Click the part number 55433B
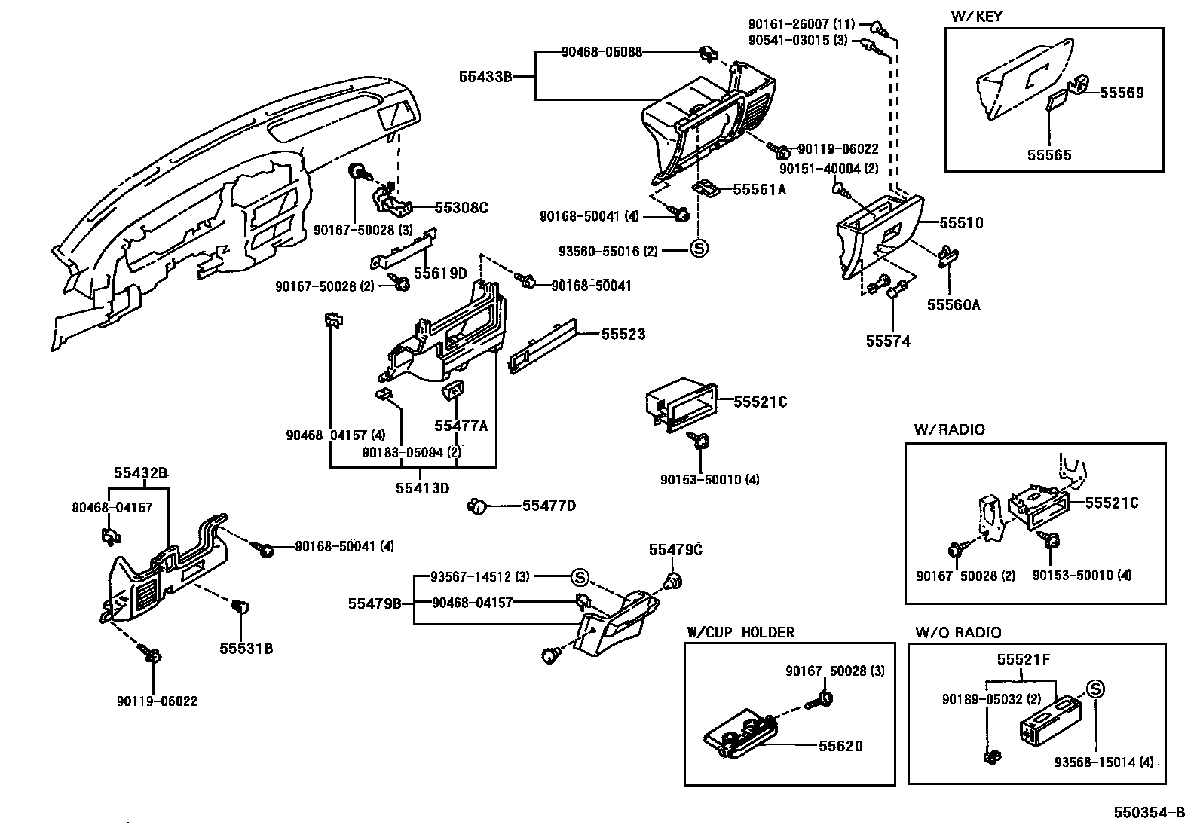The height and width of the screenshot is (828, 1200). (x=485, y=76)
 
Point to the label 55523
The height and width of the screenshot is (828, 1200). (x=623, y=334)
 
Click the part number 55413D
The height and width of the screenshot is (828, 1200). (x=422, y=487)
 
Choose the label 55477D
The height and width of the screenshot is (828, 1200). (x=549, y=506)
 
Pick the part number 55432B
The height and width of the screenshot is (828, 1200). (x=140, y=473)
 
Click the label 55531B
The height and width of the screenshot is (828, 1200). (x=246, y=648)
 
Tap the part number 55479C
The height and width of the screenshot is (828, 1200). (x=675, y=550)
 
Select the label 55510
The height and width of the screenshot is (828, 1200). (x=961, y=223)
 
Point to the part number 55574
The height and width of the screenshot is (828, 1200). (x=888, y=341)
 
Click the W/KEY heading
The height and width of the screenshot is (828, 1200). (x=978, y=16)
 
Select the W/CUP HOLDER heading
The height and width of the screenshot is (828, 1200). (x=740, y=632)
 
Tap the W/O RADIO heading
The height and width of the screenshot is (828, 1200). (x=957, y=632)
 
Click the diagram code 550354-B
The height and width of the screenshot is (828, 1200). (x=1152, y=813)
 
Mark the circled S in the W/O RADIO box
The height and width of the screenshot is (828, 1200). (x=1094, y=688)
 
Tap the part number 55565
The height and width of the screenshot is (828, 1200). (x=1049, y=155)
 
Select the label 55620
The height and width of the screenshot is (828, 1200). (x=841, y=746)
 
